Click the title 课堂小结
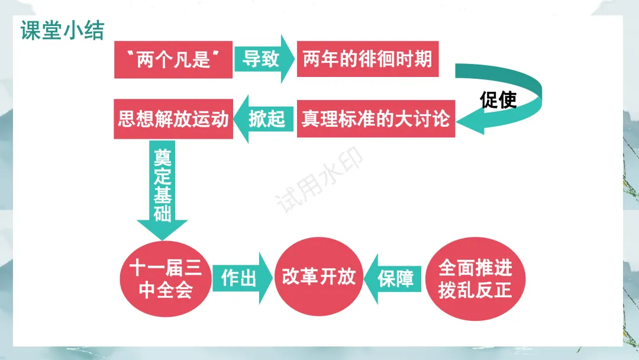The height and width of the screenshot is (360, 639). pyautogui.click(x=62, y=31)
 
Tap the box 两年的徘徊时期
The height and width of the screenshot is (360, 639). pyautogui.click(x=367, y=59)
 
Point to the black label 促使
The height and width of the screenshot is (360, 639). pyautogui.click(x=498, y=100)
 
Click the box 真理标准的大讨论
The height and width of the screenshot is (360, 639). pyautogui.click(x=376, y=119)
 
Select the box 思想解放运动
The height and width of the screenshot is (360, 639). pyautogui.click(x=173, y=119)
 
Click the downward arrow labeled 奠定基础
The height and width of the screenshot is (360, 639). pyautogui.click(x=162, y=187)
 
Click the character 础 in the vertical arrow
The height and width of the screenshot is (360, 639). pyautogui.click(x=162, y=213)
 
